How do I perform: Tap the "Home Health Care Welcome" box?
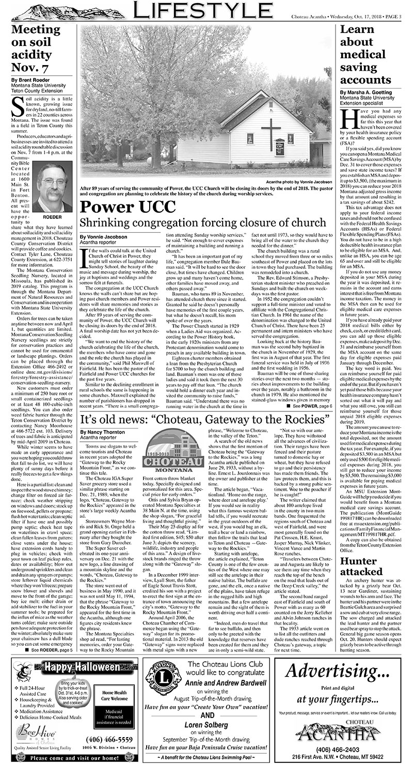(x=114, y=695)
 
